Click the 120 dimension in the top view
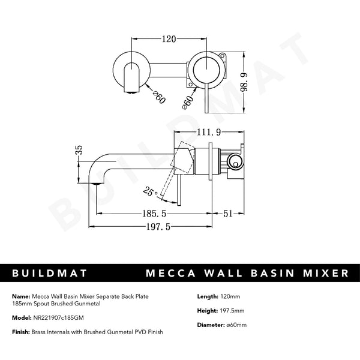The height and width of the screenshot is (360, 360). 169,40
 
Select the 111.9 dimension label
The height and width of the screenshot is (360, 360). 206,132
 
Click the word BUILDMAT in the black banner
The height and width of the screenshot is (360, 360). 50,273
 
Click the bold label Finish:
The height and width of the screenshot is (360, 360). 22,332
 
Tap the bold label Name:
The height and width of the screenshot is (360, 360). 21,296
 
